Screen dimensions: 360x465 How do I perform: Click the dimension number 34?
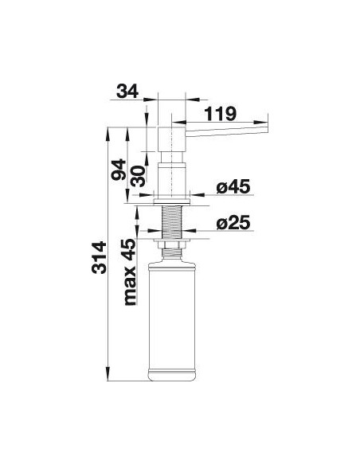click(127, 91)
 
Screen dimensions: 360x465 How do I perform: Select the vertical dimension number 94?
click(119, 170)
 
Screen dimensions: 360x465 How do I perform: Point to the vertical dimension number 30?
click(139, 176)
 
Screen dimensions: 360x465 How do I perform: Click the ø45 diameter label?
click(233, 186)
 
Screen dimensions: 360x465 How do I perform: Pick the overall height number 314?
click(99, 257)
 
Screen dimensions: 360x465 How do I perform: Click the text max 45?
click(129, 272)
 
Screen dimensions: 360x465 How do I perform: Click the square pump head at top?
click(171, 139)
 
